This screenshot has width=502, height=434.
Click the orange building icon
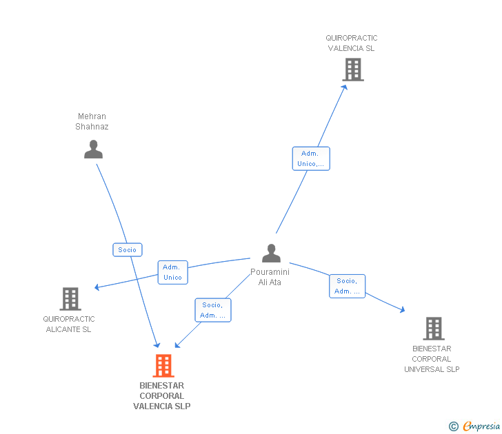coord(163,366)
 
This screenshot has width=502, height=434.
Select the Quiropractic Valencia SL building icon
coord(353,70)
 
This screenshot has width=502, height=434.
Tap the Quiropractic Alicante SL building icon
coord(70,299)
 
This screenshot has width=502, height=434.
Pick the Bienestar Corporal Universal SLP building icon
coord(434,329)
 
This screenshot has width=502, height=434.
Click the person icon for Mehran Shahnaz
coord(94,149)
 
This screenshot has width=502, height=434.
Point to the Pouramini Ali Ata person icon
coord(271,254)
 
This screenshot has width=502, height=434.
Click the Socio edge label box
coord(128,250)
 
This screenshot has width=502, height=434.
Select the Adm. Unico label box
coord(173,272)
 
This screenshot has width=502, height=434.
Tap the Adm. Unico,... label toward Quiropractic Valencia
coord(311,158)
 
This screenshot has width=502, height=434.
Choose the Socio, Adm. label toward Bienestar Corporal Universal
coord(347,287)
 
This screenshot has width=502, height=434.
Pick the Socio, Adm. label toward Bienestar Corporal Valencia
coord(213,310)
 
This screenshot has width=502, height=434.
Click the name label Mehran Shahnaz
coord(92,121)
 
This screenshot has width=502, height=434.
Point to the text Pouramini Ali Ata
coord(270,277)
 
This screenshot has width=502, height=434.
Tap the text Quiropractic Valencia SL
coord(352,43)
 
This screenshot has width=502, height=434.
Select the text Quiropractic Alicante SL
coord(69,324)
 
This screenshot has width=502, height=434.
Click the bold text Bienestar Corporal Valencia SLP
coord(162,396)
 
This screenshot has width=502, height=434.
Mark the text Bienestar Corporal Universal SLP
coord(432,359)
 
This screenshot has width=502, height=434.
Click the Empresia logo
coord(474,426)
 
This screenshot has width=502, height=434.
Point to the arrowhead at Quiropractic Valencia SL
coord(345,87)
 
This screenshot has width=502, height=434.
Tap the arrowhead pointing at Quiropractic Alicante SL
coord(97,287)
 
